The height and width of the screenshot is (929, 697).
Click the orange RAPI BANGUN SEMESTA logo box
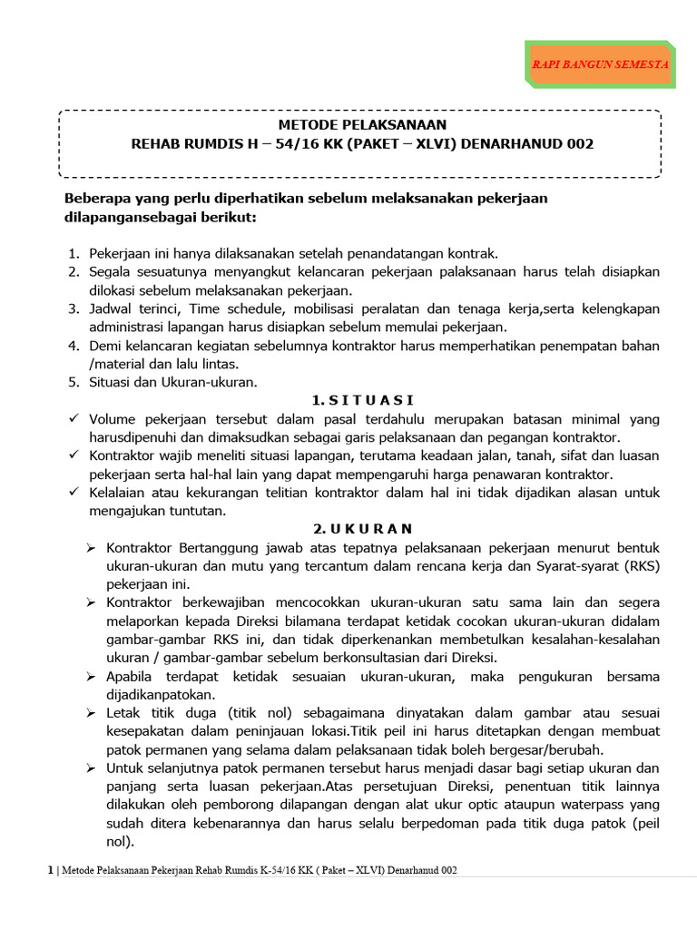point(600,64)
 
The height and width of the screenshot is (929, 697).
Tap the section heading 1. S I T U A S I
point(362,400)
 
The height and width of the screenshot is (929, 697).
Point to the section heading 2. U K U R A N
point(362,529)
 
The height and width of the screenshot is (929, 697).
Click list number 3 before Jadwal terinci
point(74,309)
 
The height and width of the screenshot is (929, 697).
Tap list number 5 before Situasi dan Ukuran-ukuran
point(74,382)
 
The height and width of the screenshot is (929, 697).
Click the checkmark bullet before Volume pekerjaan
point(74,419)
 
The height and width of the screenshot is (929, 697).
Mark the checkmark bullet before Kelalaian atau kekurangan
point(74,492)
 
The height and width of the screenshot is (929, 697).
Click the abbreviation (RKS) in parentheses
point(643,566)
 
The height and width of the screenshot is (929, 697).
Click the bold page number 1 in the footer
point(50,871)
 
